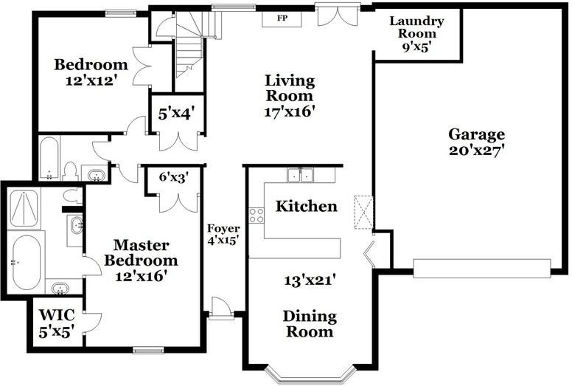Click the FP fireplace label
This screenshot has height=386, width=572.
point(282,18)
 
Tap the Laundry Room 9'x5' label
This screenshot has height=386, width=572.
point(417,34)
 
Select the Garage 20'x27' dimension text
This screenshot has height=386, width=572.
point(476,151)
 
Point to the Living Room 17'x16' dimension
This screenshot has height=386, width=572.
point(290,111)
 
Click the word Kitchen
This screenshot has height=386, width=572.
point(307,206)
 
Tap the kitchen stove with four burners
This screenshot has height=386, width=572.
point(257,215)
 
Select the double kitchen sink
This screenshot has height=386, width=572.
point(300,176)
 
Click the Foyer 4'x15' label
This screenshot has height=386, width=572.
point(223,235)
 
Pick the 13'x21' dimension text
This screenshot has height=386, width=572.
point(310,280)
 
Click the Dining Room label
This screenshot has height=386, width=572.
point(310,324)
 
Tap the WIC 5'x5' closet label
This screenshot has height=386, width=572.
point(57,323)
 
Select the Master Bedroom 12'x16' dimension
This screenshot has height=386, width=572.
point(142,276)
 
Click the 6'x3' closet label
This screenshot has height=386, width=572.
point(174,177)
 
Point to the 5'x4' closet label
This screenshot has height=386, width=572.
point(175,114)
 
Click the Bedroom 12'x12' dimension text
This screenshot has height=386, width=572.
point(91,80)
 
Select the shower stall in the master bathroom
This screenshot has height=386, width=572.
point(24,209)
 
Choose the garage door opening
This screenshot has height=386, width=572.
point(481,269)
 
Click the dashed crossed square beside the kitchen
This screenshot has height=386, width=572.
point(363,213)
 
